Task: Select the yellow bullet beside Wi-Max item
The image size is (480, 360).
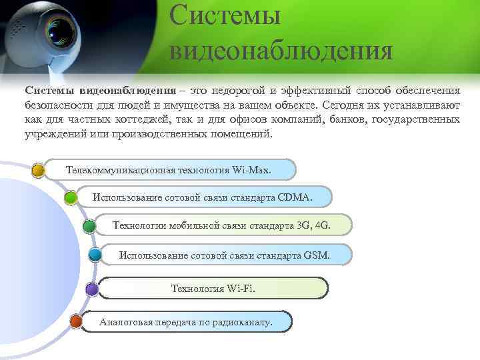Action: [39, 170]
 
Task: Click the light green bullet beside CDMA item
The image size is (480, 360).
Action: [71, 197]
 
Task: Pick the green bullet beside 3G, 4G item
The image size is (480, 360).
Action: [88, 226]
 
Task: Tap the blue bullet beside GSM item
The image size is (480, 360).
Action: [95, 255]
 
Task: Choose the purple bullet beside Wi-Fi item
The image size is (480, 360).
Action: [91, 289]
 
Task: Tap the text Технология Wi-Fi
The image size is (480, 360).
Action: [213, 289]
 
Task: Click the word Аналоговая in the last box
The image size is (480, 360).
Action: [126, 323]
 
